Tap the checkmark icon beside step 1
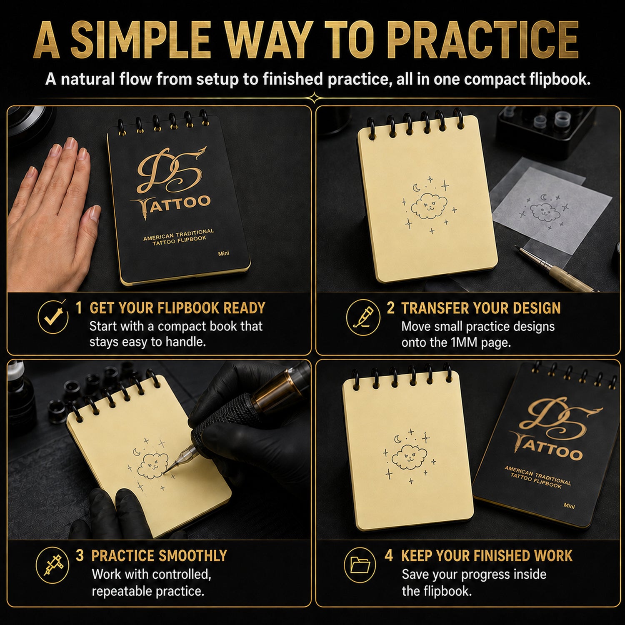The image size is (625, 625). pyautogui.click(x=53, y=317)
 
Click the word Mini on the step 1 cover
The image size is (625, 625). pyautogui.click(x=224, y=253)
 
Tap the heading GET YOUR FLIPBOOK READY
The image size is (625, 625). pyautogui.click(x=177, y=308)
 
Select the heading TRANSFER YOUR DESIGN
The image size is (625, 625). pyautogui.click(x=481, y=308)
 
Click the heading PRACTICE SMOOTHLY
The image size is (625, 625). pyautogui.click(x=159, y=556)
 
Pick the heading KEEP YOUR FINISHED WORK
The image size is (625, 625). pyautogui.click(x=487, y=556)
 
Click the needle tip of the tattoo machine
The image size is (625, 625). pyautogui.click(x=165, y=473)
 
